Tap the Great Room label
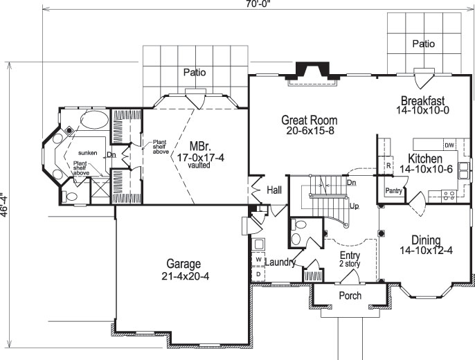click(x=309, y=120)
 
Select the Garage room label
click(x=183, y=264)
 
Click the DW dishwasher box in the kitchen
click(x=449, y=145)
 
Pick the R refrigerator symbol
click(x=389, y=166)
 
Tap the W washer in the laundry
click(x=259, y=260)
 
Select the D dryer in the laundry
click(x=259, y=273)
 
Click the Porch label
click(x=350, y=296)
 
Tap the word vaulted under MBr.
click(x=199, y=167)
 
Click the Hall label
click(x=274, y=188)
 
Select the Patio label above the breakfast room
click(x=424, y=44)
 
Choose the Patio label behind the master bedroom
click(x=196, y=72)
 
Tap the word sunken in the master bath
click(x=88, y=152)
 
